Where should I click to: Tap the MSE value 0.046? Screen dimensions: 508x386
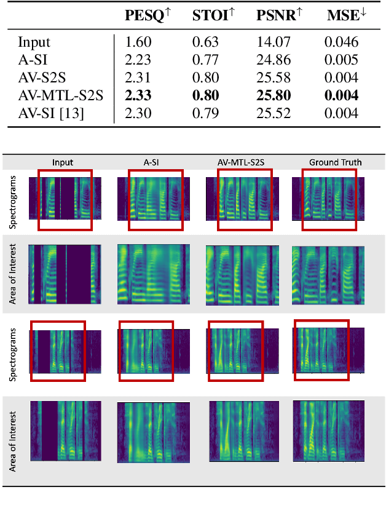click(341, 42)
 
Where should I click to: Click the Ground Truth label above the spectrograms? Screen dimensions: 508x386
click(336, 162)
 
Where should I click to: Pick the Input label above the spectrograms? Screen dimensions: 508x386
click(63, 162)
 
